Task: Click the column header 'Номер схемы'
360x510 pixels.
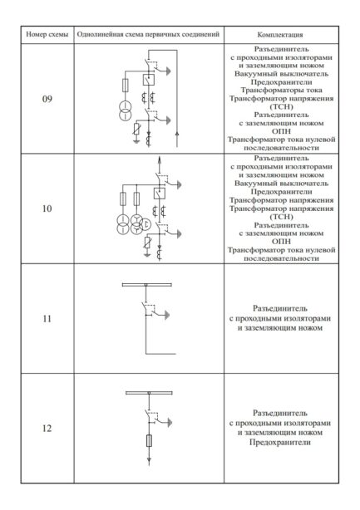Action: (x=47, y=36)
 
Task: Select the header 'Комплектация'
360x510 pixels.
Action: (x=280, y=36)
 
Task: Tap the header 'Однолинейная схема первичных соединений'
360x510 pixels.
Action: (x=148, y=36)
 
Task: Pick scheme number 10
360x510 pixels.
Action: (x=47, y=208)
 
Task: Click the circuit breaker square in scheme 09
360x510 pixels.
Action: (x=148, y=81)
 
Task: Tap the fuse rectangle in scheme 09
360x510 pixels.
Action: (x=126, y=85)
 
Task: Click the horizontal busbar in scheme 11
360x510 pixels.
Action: (x=148, y=286)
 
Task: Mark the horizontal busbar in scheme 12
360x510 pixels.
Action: (x=148, y=392)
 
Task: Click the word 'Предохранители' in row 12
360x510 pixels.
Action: (x=280, y=443)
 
